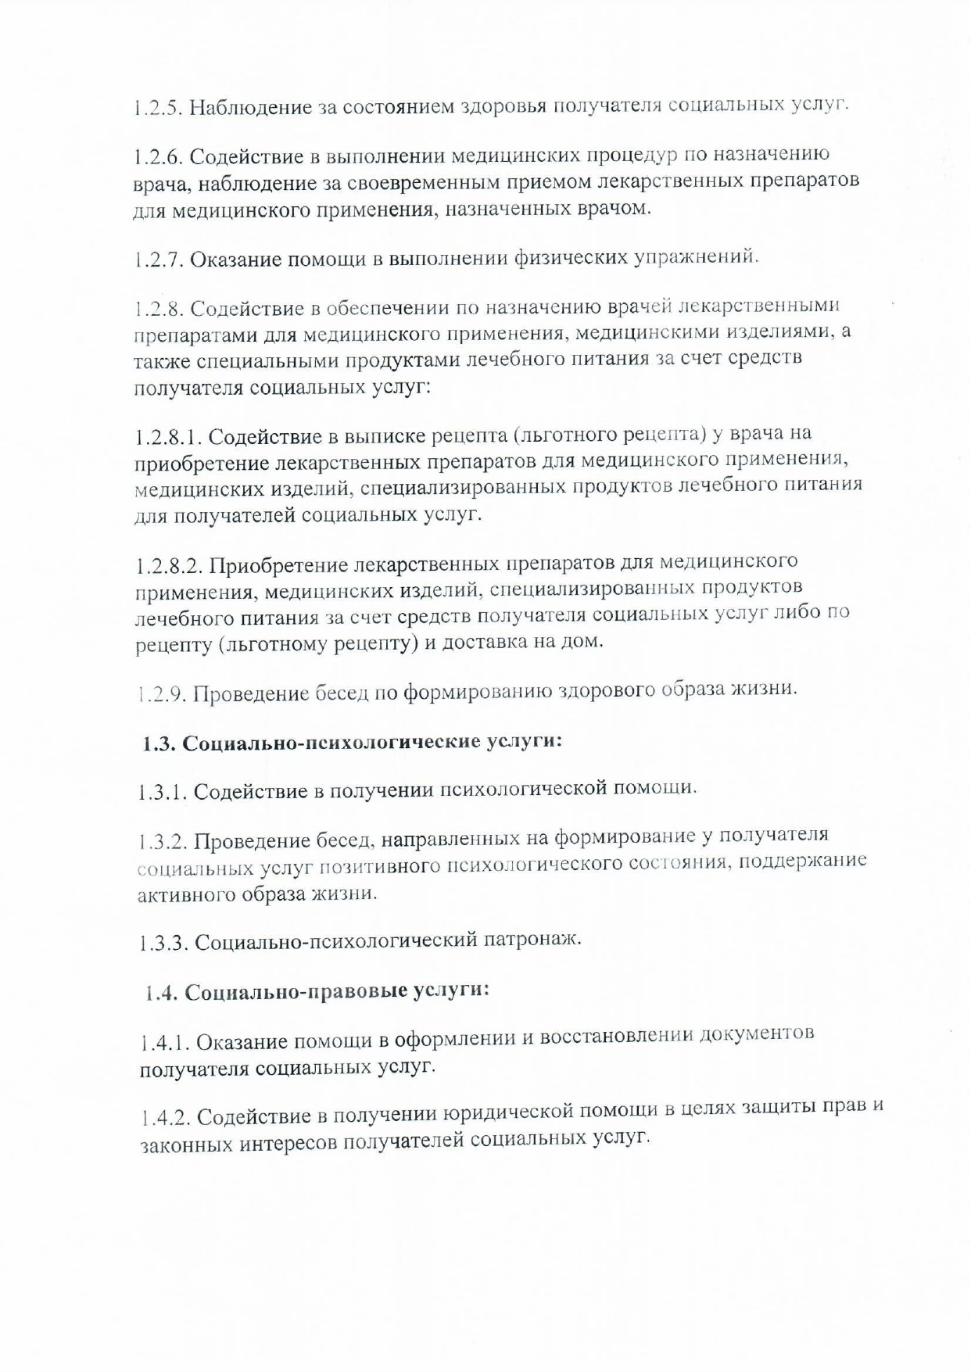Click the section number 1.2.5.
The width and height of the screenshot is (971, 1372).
tap(156, 107)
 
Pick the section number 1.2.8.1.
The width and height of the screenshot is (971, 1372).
tap(167, 435)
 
